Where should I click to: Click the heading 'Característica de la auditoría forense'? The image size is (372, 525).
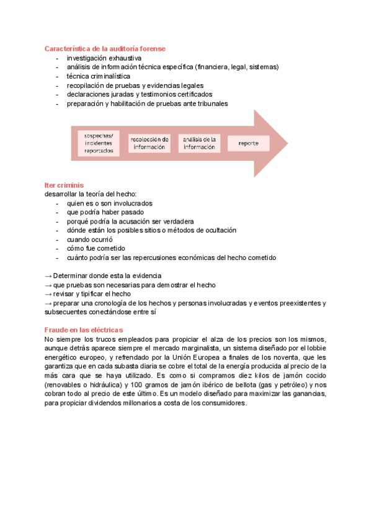click(x=105, y=48)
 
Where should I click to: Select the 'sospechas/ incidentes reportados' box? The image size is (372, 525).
click(x=99, y=143)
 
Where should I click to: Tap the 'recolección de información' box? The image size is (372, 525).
click(x=149, y=143)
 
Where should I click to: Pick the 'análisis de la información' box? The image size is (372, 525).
click(x=199, y=143)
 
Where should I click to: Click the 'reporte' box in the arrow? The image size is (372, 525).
click(x=248, y=143)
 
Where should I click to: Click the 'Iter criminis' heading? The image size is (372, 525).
click(x=64, y=185)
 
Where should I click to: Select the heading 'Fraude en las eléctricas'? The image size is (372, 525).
click(x=84, y=330)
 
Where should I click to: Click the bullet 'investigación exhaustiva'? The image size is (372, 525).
click(x=104, y=58)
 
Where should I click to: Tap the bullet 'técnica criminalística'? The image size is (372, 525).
click(x=99, y=76)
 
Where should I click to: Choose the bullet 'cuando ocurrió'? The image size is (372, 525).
click(x=90, y=239)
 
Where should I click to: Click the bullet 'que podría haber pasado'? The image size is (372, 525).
click(x=102, y=212)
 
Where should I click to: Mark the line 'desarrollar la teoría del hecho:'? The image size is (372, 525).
click(x=90, y=194)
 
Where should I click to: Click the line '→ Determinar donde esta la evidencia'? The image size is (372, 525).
click(x=103, y=276)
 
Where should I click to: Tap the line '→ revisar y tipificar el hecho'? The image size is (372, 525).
click(x=87, y=293)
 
